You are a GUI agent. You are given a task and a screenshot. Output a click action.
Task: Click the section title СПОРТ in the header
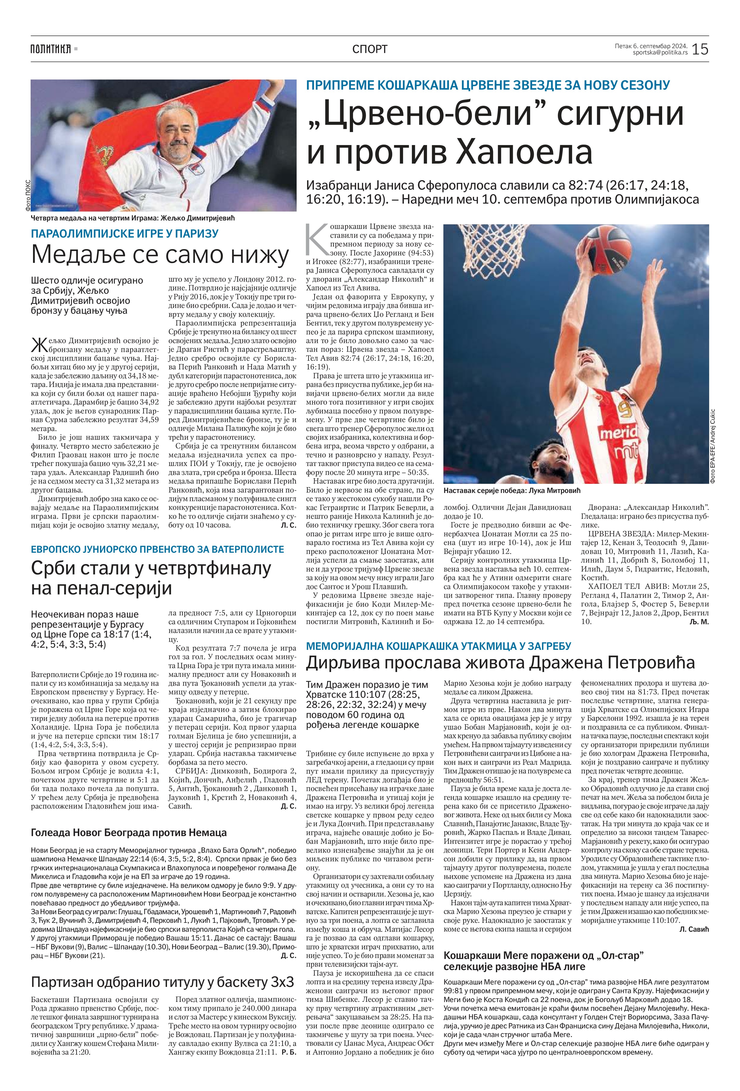[370, 49]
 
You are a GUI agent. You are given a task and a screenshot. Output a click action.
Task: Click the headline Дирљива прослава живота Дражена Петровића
[500, 662]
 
